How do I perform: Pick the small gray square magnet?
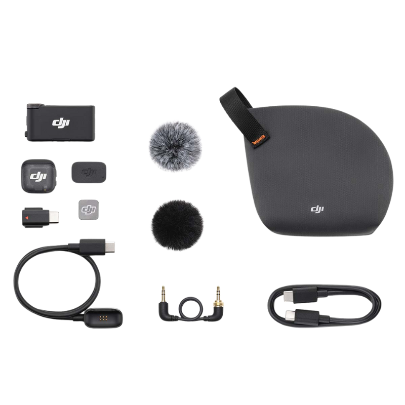tap(89, 210)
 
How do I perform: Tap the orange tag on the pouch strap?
tap(259, 138)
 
